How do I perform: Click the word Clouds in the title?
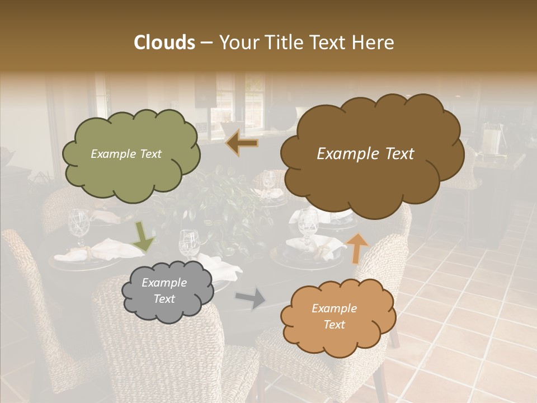click(x=164, y=43)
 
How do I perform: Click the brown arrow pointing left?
click(x=242, y=143)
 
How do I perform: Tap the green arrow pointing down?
click(x=143, y=236)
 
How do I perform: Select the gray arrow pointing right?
click(x=251, y=298)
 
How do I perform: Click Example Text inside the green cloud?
click(x=126, y=154)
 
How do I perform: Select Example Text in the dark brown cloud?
click(x=365, y=154)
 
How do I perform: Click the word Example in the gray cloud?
click(x=164, y=283)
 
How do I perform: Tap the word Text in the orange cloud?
click(x=334, y=325)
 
